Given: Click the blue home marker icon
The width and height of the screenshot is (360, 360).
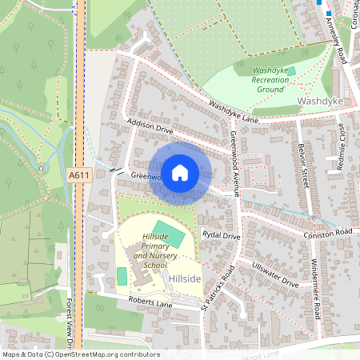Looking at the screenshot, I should [x=180, y=173].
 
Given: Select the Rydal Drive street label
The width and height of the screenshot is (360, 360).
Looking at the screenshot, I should [x=222, y=236].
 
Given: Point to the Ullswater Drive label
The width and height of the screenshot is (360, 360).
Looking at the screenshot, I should [x=275, y=274].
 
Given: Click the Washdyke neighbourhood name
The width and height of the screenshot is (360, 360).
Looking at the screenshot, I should [x=320, y=102].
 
